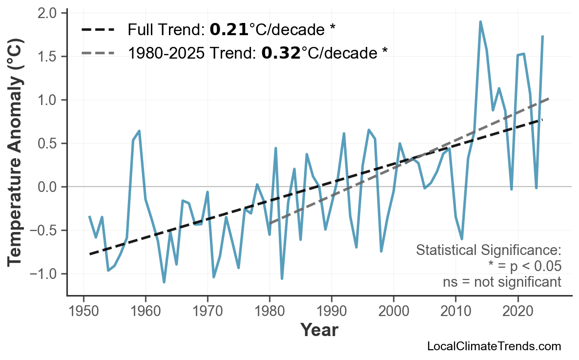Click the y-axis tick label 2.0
click(46, 13)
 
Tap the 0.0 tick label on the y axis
click(46, 187)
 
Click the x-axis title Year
click(319, 331)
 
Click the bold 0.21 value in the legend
click(229, 30)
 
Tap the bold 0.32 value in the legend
click(281, 52)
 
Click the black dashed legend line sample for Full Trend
click(98, 30)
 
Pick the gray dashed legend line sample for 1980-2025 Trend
click(98, 52)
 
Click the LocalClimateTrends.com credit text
click(494, 346)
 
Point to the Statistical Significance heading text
click(488, 251)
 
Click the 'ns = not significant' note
click(502, 282)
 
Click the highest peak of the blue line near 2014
click(480, 21)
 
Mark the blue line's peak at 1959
click(139, 131)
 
